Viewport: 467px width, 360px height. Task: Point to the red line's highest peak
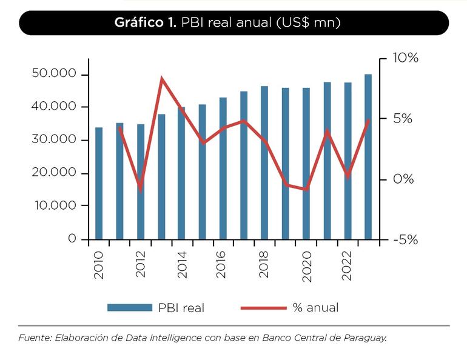click(x=162, y=78)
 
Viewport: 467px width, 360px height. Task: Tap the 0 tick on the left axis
click(x=72, y=238)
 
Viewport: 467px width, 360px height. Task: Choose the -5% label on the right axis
click(x=405, y=239)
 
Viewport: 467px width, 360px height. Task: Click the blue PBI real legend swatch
click(x=129, y=307)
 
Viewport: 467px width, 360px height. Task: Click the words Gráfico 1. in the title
click(x=145, y=23)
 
